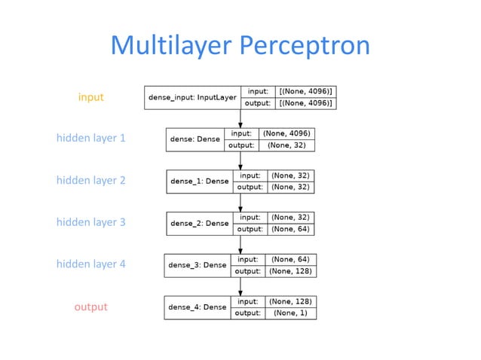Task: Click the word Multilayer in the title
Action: click(x=173, y=46)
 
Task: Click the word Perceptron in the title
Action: click(x=305, y=46)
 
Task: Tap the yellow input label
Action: click(x=90, y=97)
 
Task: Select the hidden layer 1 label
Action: click(x=90, y=139)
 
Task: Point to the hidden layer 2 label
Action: click(x=90, y=180)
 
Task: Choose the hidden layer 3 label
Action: click(x=90, y=222)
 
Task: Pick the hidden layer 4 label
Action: click(x=90, y=264)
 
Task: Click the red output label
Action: click(x=90, y=307)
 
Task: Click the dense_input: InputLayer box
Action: click(x=192, y=97)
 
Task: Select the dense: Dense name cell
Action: click(x=195, y=139)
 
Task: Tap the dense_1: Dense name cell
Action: click(x=199, y=182)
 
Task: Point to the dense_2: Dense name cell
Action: click(x=199, y=223)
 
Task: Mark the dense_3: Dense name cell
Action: click(x=198, y=265)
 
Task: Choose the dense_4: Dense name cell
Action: click(x=198, y=307)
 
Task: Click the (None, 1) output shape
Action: click(x=290, y=313)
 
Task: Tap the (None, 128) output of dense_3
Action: click(x=290, y=271)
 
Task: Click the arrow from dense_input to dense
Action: click(x=240, y=118)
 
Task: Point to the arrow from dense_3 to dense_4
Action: click(x=240, y=286)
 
